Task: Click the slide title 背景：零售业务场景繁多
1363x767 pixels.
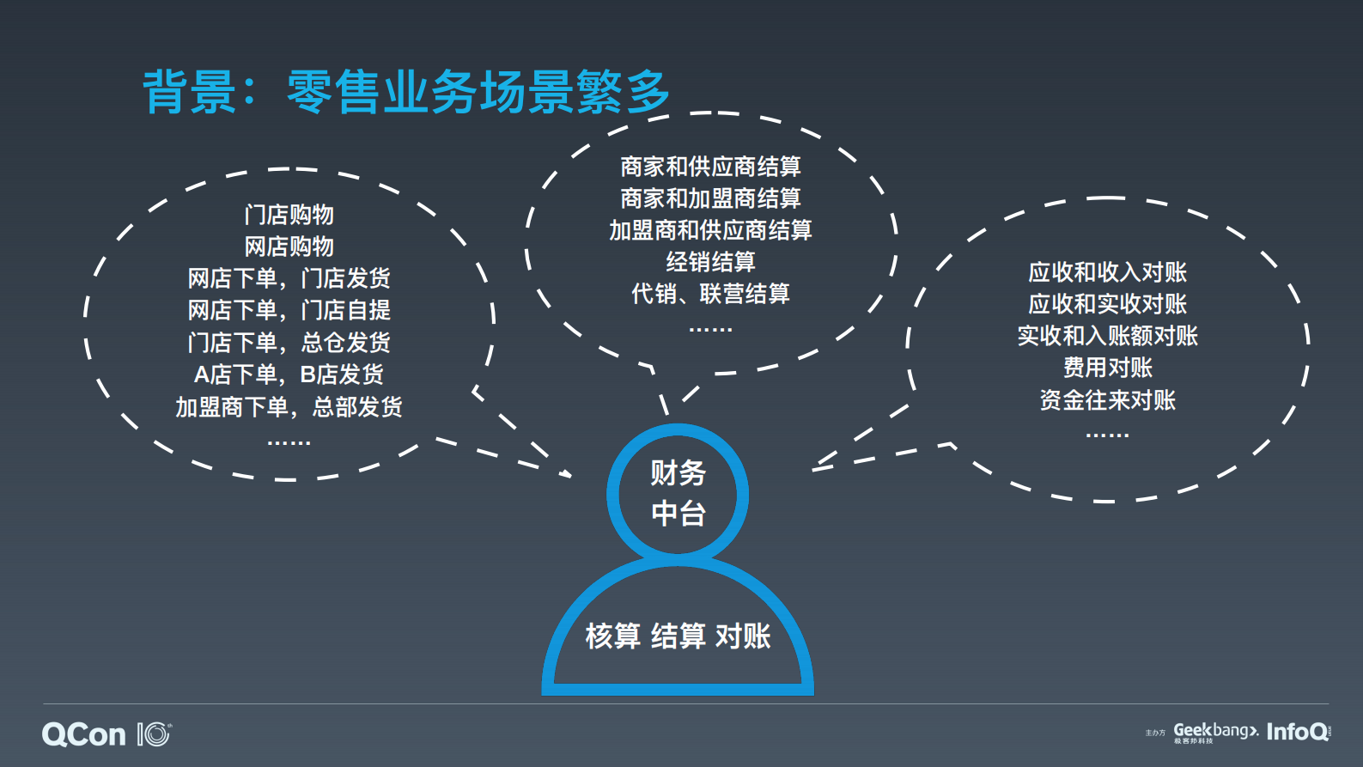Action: tap(405, 92)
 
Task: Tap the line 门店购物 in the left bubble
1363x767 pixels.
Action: tap(289, 215)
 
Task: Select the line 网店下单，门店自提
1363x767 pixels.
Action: tap(289, 310)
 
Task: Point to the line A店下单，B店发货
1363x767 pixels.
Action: tap(289, 374)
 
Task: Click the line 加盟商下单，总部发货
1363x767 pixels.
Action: tap(289, 406)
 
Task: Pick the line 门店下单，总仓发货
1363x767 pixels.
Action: tap(289, 343)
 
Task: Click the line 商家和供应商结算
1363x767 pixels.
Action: tap(710, 167)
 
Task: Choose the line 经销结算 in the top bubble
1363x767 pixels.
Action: tap(710, 262)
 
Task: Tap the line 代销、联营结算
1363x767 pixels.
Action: tap(710, 294)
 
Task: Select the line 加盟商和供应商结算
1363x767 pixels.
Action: tap(710, 230)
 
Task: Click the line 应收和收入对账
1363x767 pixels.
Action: tap(1107, 272)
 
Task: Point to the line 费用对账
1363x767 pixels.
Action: tap(1107, 368)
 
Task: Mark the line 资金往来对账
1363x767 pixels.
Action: tap(1107, 400)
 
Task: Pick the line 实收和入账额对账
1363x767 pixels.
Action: tap(1107, 336)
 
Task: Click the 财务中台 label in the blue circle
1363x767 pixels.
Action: tap(678, 493)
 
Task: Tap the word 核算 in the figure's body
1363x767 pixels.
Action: tap(613, 636)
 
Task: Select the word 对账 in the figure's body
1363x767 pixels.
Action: tap(743, 636)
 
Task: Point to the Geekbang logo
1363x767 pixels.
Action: tap(1215, 732)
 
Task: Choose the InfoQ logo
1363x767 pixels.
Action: tap(1298, 732)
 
